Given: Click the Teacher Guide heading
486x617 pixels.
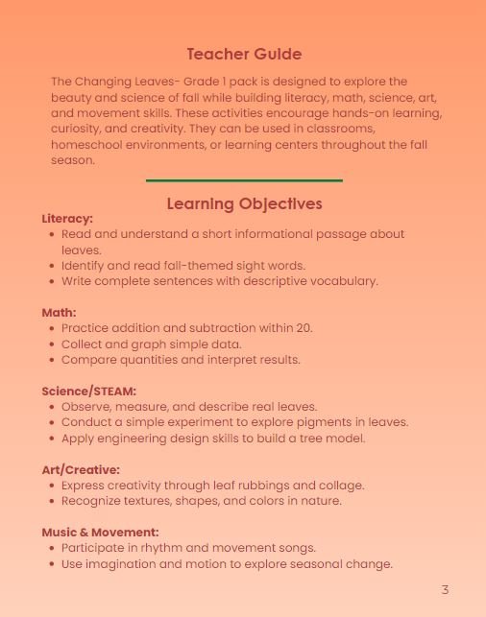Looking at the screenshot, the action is (244, 55).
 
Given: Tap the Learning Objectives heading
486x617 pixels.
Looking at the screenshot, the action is (244, 203).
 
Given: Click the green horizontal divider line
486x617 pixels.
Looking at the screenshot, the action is (244, 180).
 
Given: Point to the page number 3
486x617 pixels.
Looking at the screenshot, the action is (445, 589).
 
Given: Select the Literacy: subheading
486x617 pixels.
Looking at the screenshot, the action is (67, 219).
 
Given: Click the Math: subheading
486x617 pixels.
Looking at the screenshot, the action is (59, 313).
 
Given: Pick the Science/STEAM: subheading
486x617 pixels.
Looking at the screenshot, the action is (88, 392).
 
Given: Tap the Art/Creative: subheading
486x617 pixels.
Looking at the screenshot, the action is (81, 470).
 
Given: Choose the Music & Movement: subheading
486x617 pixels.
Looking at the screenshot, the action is (100, 533).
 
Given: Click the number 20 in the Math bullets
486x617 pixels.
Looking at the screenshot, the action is (304, 328).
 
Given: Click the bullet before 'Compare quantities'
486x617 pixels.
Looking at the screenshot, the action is (51, 360).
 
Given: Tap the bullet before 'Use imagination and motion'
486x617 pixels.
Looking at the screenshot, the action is (51, 564).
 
